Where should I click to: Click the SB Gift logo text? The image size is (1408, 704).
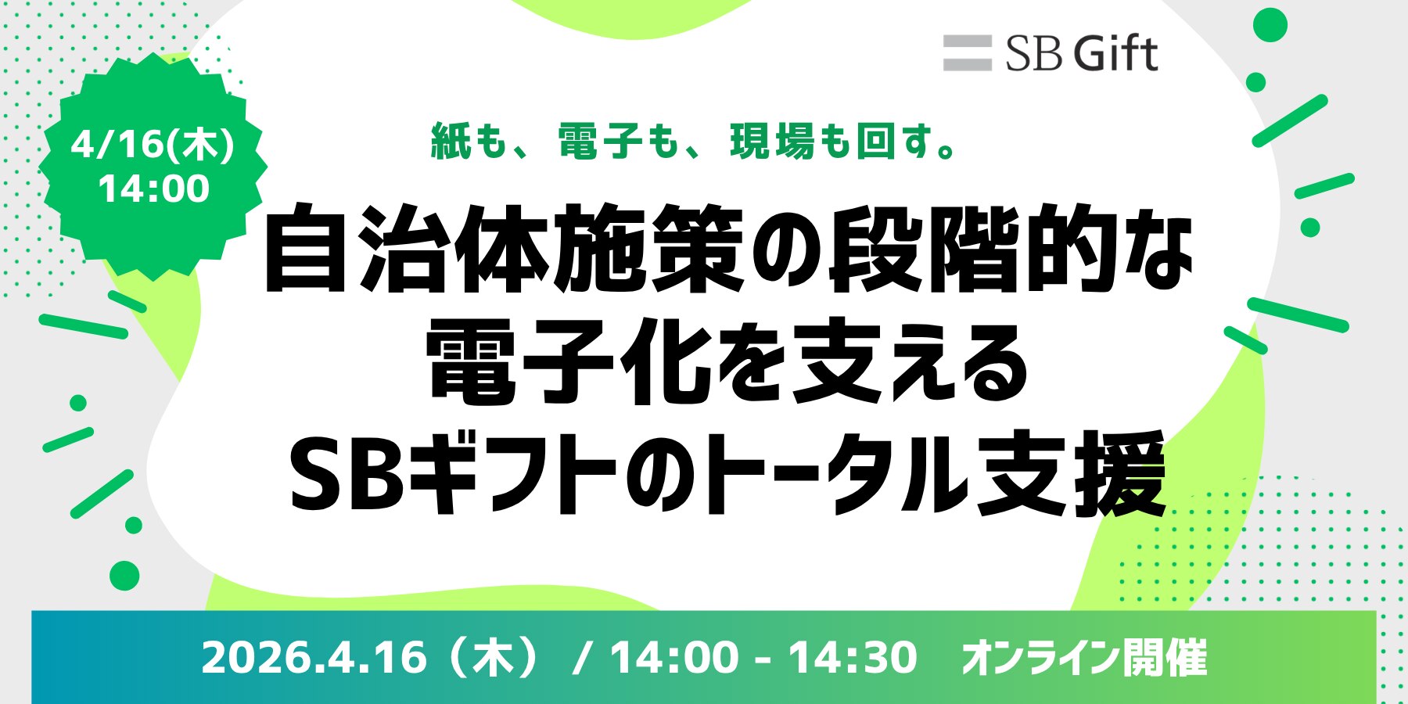click(1081, 53)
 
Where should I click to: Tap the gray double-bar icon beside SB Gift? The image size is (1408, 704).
click(968, 53)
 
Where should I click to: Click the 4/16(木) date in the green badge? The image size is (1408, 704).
click(153, 145)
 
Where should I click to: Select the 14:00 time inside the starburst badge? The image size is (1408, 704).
click(154, 189)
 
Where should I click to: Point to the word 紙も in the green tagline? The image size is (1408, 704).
click(470, 142)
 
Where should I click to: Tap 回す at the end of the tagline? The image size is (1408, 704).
click(896, 142)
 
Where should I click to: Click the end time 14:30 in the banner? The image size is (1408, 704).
click(852, 657)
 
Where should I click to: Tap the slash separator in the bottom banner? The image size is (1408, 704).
click(580, 657)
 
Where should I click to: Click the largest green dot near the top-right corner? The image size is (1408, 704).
click(1270, 25)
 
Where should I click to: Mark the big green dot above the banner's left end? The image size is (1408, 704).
click(124, 576)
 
